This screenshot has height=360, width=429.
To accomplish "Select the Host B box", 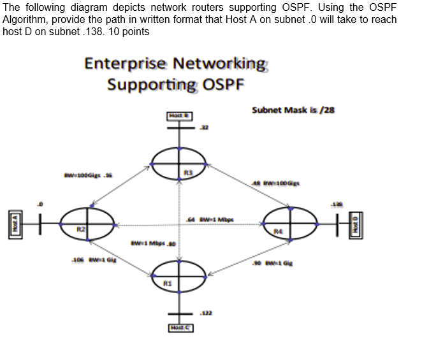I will click(x=180, y=115).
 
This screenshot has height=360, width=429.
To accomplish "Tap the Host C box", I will click(x=180, y=328).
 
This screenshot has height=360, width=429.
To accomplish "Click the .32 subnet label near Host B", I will click(x=205, y=128).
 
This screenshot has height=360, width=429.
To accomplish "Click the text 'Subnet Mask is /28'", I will click(x=293, y=110).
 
